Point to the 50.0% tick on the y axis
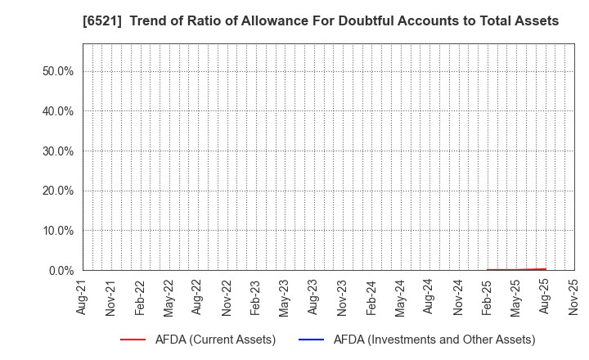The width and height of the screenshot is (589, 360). click(x=57, y=71)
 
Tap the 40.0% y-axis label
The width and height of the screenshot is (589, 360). click(x=57, y=111)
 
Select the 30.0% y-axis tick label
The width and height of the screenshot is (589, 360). click(x=57, y=151)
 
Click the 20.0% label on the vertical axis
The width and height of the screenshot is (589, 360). click(x=57, y=191)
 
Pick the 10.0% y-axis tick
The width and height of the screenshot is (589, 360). click(x=57, y=231)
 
